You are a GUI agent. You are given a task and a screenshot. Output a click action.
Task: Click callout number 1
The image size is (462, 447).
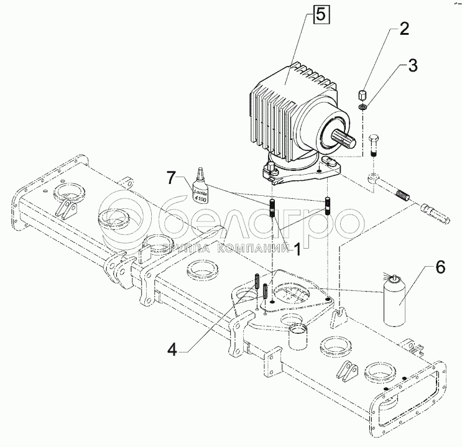coord(297,249)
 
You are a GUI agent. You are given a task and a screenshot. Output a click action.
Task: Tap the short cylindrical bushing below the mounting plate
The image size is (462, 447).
coord(297,338)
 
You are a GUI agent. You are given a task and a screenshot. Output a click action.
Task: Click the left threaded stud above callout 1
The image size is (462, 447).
coord(272,207)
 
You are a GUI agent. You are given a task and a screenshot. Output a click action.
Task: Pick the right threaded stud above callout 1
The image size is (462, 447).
coord(326,205)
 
